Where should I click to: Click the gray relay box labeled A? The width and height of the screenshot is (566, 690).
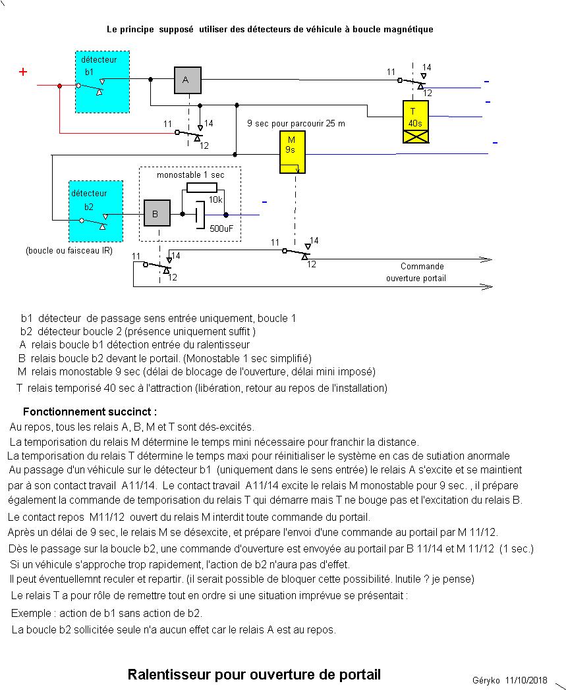coord(187,80)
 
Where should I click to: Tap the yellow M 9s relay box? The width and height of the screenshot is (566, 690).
coord(292,152)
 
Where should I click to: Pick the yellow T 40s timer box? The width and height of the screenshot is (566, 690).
coord(415,116)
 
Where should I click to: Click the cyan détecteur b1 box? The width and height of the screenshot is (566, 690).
coord(99,81)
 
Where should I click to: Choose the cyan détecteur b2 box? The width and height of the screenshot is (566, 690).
coord(96,211)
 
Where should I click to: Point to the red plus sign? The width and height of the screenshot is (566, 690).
coord(23,72)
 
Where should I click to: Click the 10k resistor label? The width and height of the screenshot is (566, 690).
coord(215,199)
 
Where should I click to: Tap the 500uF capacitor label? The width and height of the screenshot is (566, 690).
coord(220,228)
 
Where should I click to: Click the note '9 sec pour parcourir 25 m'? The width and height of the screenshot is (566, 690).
coord(296,124)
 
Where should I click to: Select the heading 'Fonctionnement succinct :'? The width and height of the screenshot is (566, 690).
coord(90,412)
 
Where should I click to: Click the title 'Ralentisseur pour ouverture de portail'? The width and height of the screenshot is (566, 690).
coord(254,674)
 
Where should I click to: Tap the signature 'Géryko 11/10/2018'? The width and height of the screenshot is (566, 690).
coord(509,680)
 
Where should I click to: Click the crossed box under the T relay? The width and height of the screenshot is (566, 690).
coord(415,136)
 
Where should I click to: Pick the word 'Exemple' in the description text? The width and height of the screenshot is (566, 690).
coord(30,613)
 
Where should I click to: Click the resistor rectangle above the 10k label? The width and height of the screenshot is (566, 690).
coord(202,188)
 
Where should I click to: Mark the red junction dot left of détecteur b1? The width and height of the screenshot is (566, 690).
coord(60,86)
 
